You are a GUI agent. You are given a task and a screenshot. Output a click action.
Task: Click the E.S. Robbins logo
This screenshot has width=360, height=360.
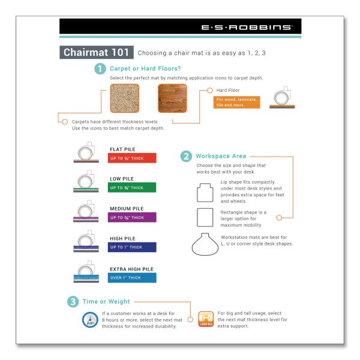click(x=247, y=27)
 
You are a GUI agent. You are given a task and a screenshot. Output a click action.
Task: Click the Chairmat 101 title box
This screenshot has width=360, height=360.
click(x=97, y=52)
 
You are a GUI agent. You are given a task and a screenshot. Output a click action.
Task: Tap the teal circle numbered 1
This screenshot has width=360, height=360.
click(x=100, y=69)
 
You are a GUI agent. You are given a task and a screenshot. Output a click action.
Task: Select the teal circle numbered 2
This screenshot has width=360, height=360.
click(x=186, y=157)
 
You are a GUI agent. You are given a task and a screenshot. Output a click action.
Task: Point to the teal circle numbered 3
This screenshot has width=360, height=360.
click(x=72, y=301)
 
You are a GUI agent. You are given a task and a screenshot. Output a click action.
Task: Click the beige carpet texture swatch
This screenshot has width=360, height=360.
click(x=125, y=98)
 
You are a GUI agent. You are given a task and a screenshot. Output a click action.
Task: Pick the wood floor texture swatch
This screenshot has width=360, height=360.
click(x=172, y=98)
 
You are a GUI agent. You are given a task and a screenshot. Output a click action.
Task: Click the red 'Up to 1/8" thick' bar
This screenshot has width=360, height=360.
click(x=133, y=158)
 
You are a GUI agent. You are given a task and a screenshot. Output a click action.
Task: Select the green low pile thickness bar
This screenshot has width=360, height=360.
click(x=133, y=188)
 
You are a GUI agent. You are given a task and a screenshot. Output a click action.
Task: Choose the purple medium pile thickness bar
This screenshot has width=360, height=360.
click(x=133, y=217)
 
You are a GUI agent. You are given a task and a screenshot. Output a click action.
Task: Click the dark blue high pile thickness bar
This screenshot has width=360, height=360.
click(x=133, y=247)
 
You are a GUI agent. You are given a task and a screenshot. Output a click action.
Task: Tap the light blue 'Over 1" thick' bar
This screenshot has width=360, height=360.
click(x=133, y=277)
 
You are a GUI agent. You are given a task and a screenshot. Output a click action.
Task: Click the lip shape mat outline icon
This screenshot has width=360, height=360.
click(x=205, y=191)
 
